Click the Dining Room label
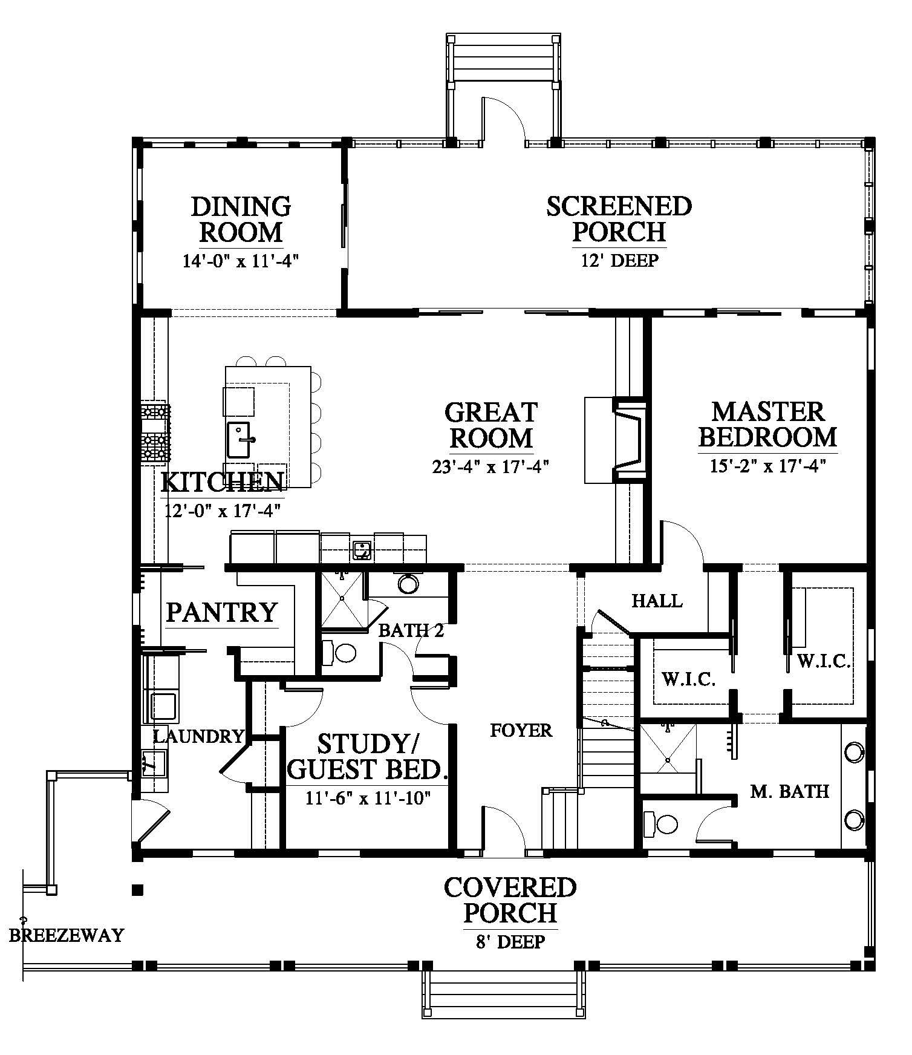click(x=241, y=219)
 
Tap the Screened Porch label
click(x=619, y=218)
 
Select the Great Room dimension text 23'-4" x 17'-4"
click(x=490, y=466)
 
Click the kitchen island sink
click(x=240, y=439)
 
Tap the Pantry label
click(x=222, y=612)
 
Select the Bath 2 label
click(x=411, y=631)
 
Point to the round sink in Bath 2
click(x=408, y=583)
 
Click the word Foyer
click(x=521, y=730)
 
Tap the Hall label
click(x=657, y=601)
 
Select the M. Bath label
click(x=789, y=791)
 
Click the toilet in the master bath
click(x=660, y=823)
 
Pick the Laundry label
click(x=198, y=736)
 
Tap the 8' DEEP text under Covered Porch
click(x=510, y=941)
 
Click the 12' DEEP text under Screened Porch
click(x=619, y=260)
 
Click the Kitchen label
click(x=223, y=482)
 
